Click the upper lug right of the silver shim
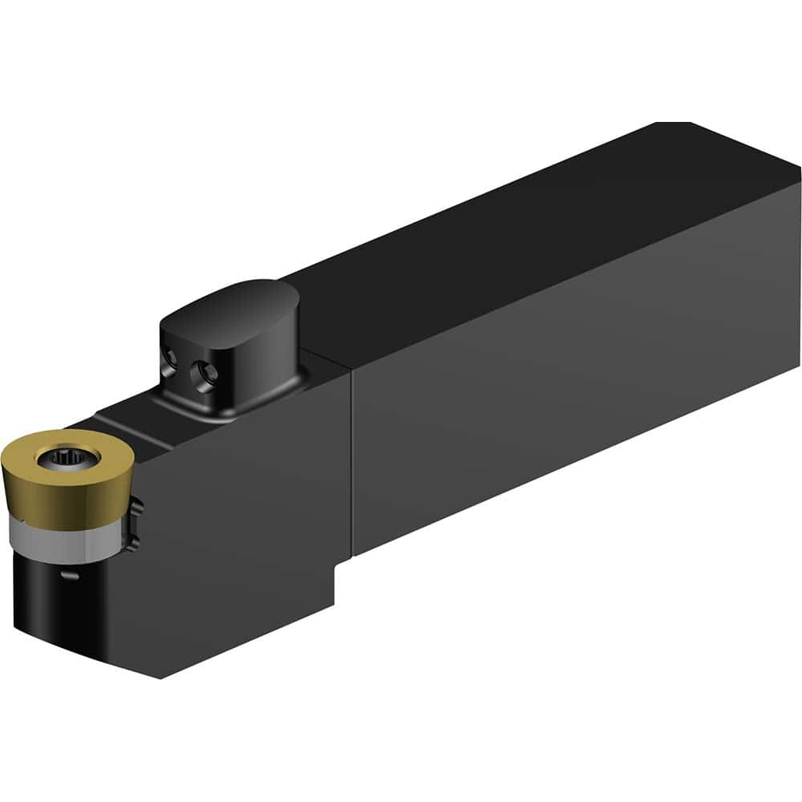tap(136, 506)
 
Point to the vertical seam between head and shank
tap(351, 465)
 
